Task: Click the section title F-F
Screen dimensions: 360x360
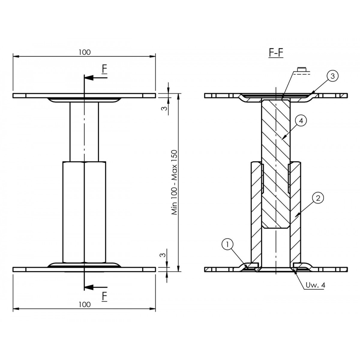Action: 276,53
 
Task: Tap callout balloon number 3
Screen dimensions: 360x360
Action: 332,76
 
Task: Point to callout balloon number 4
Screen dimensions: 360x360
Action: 301,121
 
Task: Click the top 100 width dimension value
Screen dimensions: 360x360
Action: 84,52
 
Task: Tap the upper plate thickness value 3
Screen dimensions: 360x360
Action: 164,108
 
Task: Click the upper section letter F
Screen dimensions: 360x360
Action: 105,70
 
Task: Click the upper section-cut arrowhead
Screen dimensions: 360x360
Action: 89,77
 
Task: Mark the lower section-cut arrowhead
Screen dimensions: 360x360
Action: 89,287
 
